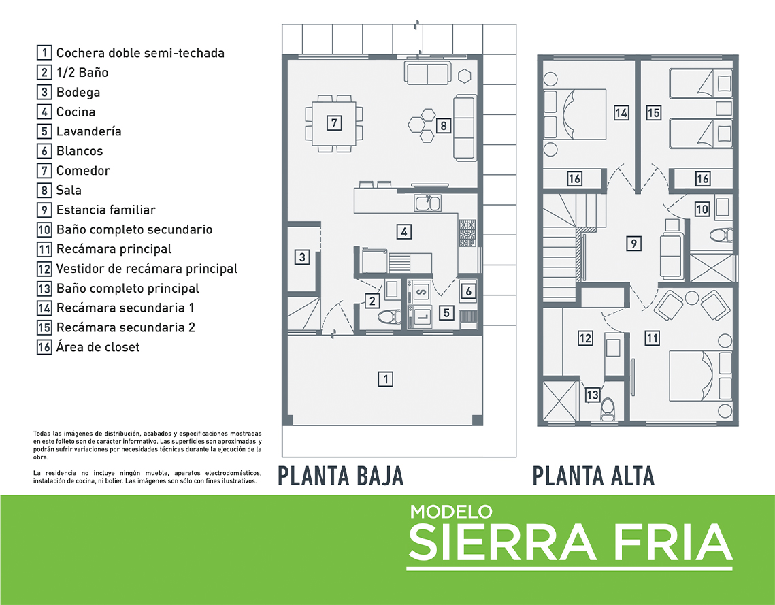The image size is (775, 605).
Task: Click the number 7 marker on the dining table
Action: (333, 123)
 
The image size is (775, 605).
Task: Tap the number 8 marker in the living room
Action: (443, 126)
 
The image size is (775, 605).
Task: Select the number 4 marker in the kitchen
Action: (404, 231)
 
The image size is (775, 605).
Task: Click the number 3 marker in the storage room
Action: (301, 257)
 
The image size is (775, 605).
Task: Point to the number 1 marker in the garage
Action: (386, 379)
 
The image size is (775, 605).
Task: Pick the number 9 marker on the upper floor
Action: (633, 243)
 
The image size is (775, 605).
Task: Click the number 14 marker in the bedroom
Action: (621, 113)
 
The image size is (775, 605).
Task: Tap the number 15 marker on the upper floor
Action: (653, 113)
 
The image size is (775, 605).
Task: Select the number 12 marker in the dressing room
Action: (585, 338)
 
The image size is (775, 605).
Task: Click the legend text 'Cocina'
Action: (76, 112)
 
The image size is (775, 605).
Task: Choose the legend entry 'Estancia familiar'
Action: (105, 210)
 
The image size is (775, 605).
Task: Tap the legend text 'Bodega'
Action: (78, 92)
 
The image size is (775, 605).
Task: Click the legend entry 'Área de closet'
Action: (98, 347)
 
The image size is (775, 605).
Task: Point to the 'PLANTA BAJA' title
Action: (340, 476)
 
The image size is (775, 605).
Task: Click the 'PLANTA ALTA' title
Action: (593, 476)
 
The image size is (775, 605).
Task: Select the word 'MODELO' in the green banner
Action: (450, 512)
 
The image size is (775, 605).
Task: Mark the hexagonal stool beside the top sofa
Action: (465, 75)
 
